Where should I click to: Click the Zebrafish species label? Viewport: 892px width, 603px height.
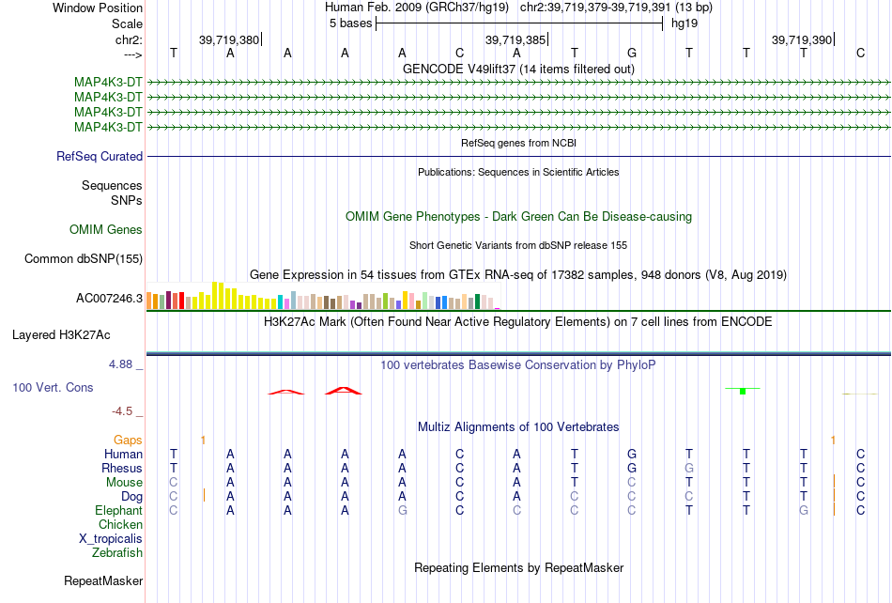pyautogui.click(x=117, y=552)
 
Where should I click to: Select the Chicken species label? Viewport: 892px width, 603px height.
pyautogui.click(x=120, y=524)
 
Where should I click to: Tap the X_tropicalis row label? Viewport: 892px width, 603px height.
pyautogui.click(x=111, y=539)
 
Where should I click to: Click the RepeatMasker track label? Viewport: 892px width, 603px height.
pyautogui.click(x=103, y=580)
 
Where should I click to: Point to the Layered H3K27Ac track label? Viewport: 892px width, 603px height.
pyautogui.click(x=61, y=335)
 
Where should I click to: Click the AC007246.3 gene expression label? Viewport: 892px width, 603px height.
pyautogui.click(x=109, y=298)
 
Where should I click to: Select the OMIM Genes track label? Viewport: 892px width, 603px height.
pyautogui.click(x=106, y=230)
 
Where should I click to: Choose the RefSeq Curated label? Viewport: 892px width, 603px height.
pyautogui.click(x=100, y=157)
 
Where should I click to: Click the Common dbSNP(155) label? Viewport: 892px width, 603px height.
pyautogui.click(x=84, y=259)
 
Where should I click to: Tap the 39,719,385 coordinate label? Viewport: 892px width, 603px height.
pyautogui.click(x=515, y=39)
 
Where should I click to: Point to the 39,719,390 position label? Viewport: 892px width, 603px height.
pyautogui.click(x=802, y=39)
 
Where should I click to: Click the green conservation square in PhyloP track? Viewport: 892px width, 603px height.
pyautogui.click(x=743, y=392)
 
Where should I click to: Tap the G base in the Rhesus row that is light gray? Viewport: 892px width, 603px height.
pyautogui.click(x=689, y=468)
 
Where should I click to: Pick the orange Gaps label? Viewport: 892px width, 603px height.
pyautogui.click(x=128, y=440)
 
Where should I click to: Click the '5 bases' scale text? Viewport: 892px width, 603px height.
pyautogui.click(x=350, y=23)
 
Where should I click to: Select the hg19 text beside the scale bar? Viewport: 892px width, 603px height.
pyautogui.click(x=684, y=23)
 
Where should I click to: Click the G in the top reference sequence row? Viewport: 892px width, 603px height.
pyautogui.click(x=632, y=53)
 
